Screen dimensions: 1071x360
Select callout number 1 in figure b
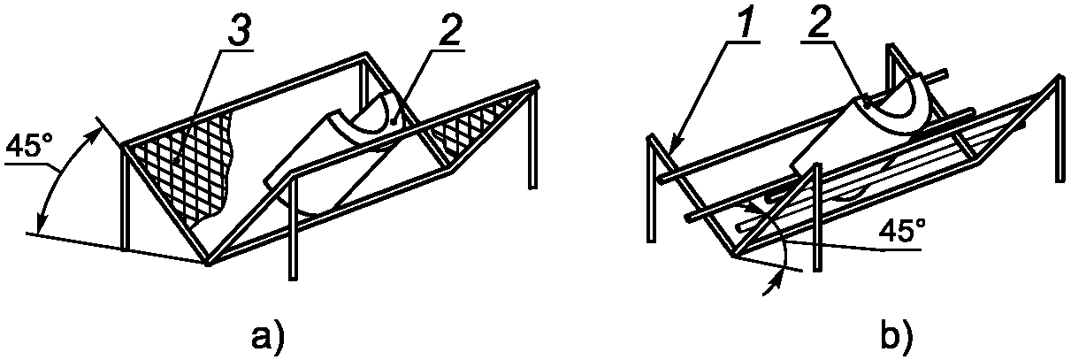pos(738,26)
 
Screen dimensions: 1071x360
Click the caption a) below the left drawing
pos(268,339)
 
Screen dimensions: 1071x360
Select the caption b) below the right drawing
pos(898,339)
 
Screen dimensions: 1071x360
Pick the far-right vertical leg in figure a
pos(533,139)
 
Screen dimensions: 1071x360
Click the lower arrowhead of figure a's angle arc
pos(40,225)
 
